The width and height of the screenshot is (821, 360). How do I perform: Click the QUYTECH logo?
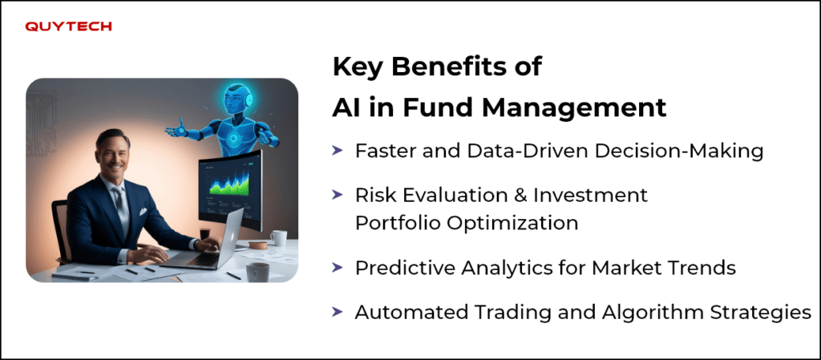pos(69,26)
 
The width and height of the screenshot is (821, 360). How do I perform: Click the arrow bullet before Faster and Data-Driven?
pos(338,151)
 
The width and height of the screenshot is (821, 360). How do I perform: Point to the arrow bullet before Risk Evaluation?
pos(338,195)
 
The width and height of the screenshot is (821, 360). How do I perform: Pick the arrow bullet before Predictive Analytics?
pos(338,268)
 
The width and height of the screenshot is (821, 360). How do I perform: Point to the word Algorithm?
pos(651,313)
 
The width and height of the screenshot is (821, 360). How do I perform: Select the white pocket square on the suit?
pos(143,212)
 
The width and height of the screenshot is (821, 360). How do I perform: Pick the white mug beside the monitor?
pos(278,238)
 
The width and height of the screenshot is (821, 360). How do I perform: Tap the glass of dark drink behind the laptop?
pos(204,234)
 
